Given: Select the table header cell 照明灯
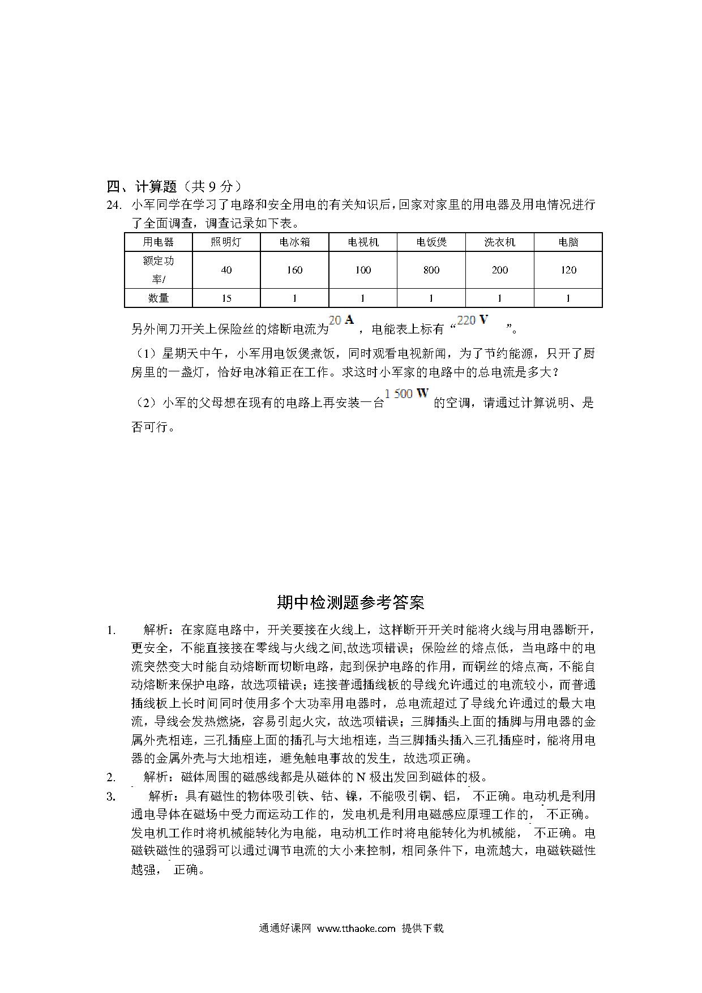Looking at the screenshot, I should tap(226, 242).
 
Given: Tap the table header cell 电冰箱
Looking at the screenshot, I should tap(294, 242).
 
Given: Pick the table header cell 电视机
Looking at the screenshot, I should tap(363, 242).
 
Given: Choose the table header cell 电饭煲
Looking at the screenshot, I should tap(431, 242).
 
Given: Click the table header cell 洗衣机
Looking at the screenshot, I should tap(499, 242).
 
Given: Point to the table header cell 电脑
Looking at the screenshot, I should tap(568, 242).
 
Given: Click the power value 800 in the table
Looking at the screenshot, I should tap(431, 270).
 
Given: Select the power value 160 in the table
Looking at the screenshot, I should tap(294, 270).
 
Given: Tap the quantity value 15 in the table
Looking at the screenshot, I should tap(226, 298).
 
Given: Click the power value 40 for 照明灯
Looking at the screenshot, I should tap(226, 270).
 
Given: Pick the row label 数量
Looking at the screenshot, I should tap(159, 298).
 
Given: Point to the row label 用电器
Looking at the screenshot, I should tap(159, 242).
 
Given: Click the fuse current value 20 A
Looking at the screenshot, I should tap(341, 320).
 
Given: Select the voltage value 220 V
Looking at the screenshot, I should tap(472, 320).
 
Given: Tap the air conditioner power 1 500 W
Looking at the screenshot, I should tap(406, 394).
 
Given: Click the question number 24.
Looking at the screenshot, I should tap(114, 205).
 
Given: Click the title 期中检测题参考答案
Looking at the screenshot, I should tap(350, 602).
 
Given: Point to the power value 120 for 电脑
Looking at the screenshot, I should tap(568, 270).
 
